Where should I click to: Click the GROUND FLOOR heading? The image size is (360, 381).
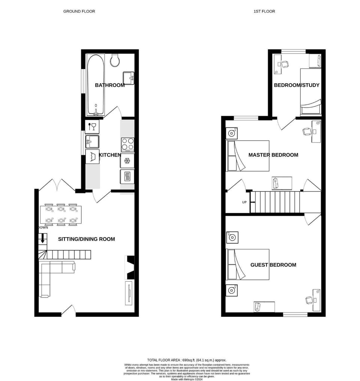click(x=79, y=11)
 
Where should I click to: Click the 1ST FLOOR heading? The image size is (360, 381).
click(x=264, y=11)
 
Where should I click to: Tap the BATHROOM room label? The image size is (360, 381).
click(x=109, y=85)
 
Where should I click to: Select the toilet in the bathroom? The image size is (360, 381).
click(x=115, y=60)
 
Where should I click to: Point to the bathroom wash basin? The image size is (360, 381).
click(x=129, y=78)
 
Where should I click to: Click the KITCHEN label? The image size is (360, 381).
click(x=110, y=155)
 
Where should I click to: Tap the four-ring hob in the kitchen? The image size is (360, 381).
click(x=127, y=144)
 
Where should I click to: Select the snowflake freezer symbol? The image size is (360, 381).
click(x=127, y=161)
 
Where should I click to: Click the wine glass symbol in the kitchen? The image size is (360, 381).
click(x=92, y=127)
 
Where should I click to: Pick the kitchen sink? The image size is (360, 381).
click(x=92, y=142)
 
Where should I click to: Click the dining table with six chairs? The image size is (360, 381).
click(x=61, y=215)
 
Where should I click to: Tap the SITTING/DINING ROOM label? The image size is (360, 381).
click(x=86, y=239)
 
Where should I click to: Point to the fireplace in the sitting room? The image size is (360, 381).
click(x=130, y=267)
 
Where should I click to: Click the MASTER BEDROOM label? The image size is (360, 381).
click(x=273, y=155)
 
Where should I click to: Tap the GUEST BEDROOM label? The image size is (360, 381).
click(x=273, y=265)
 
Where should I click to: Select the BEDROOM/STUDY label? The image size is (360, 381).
click(x=296, y=85)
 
